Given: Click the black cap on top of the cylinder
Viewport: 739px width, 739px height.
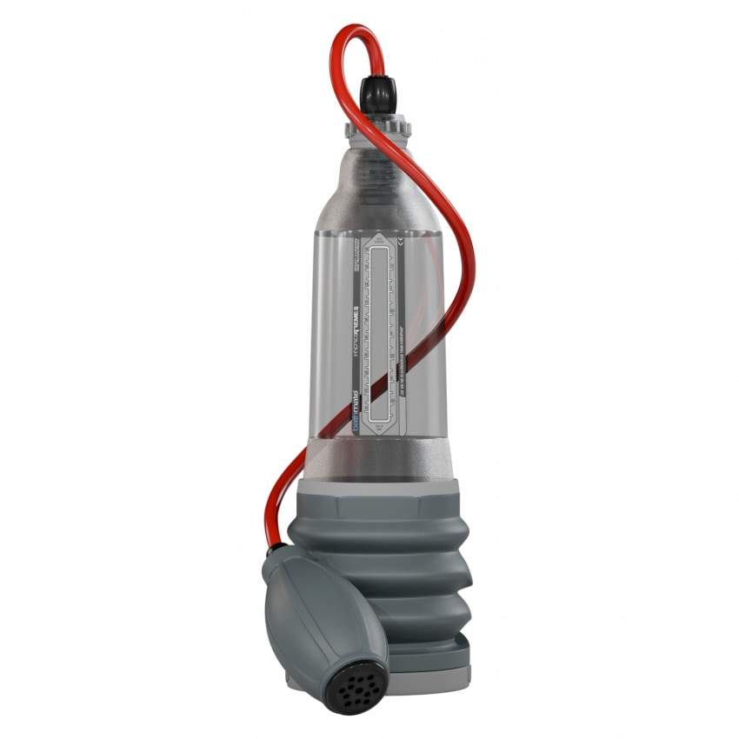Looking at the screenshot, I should pyautogui.click(x=379, y=93).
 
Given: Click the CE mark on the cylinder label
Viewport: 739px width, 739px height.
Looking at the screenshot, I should pyautogui.click(x=399, y=243).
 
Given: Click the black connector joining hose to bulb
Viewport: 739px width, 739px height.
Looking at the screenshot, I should pyautogui.click(x=272, y=551).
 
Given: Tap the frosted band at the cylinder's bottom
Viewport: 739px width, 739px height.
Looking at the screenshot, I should pyautogui.click(x=380, y=456).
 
